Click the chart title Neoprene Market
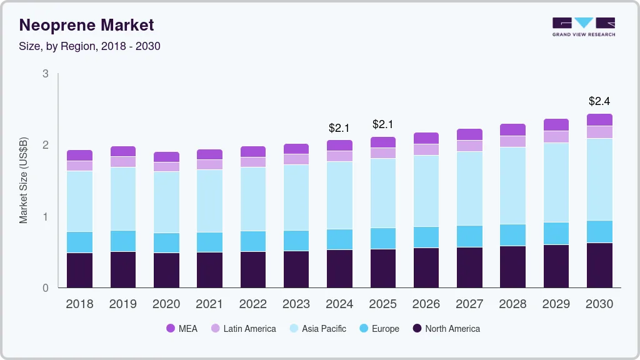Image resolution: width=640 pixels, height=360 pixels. [86, 25]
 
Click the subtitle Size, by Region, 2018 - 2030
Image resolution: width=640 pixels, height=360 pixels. [90, 46]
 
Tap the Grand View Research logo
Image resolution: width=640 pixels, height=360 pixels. [583, 26]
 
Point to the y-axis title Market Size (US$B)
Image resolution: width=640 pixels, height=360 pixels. [24, 181]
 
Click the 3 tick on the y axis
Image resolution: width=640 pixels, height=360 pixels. [45, 74]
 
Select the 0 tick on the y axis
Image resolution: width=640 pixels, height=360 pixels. [45, 288]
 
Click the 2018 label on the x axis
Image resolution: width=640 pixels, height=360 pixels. [79, 304]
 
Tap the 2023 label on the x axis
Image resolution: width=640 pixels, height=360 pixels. [296, 304]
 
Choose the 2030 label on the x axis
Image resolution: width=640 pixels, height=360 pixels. [599, 304]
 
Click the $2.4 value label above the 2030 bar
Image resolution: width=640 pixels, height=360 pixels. [599, 101]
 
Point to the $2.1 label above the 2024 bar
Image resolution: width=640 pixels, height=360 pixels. [339, 128]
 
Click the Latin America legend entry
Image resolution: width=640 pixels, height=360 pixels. [243, 329]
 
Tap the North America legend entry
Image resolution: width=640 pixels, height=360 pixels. [446, 329]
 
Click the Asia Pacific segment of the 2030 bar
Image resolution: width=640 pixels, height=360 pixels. [599, 179]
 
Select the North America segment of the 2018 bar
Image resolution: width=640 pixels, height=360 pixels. [79, 271]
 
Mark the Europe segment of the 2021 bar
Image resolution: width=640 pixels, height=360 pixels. [209, 242]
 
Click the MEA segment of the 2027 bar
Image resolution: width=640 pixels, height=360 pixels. [469, 134]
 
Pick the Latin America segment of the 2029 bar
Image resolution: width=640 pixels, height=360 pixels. [556, 137]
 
